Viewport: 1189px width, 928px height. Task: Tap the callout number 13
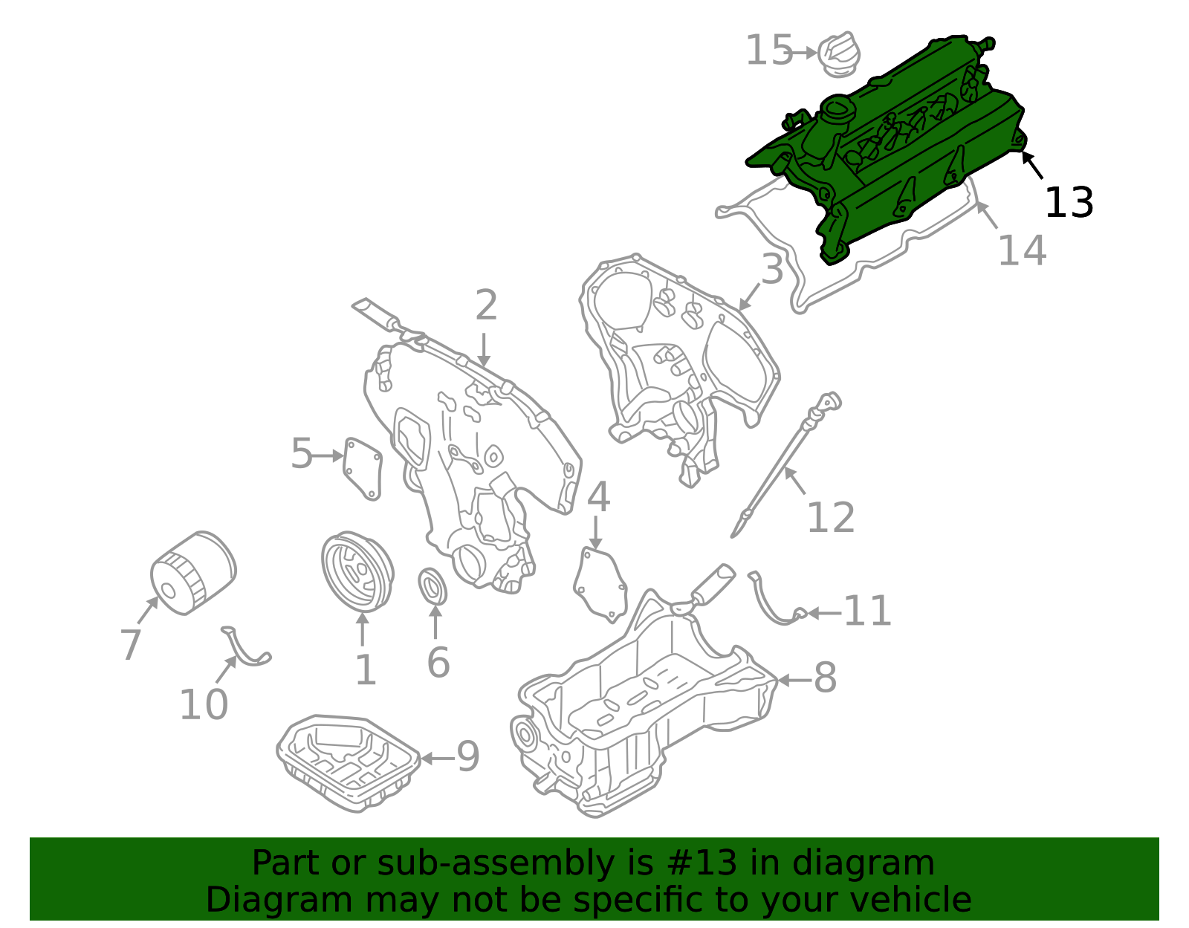(x=1069, y=203)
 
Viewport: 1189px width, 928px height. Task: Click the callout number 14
(x=1022, y=250)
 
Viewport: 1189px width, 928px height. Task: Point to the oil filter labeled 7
(x=192, y=572)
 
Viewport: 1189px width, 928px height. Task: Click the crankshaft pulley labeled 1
(x=357, y=572)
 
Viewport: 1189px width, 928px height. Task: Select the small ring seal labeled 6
(x=434, y=587)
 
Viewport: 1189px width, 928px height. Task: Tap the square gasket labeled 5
(x=363, y=468)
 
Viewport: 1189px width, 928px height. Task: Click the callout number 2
(x=486, y=305)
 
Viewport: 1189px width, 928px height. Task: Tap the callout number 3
(x=772, y=269)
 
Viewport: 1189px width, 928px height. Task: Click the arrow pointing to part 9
(x=436, y=759)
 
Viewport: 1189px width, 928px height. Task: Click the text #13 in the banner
(x=696, y=863)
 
